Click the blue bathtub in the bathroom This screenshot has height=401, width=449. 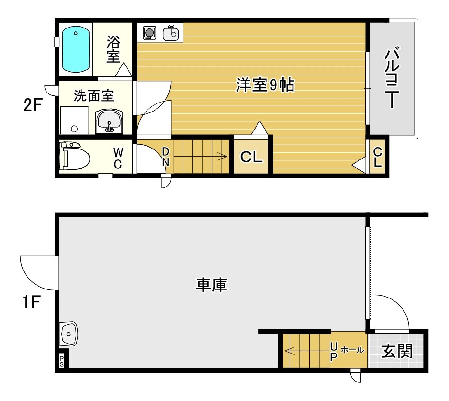click(76, 49)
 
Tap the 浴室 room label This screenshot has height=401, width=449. click(113, 49)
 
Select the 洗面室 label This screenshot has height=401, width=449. click(94, 96)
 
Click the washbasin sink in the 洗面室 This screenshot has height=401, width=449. click(110, 122)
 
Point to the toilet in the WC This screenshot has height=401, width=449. click(74, 156)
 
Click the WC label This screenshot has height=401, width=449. click(118, 159)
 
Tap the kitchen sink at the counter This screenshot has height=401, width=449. click(171, 33)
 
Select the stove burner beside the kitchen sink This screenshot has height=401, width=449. click(149, 33)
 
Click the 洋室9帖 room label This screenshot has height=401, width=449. click(265, 85)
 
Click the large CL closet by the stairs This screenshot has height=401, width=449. click(251, 157)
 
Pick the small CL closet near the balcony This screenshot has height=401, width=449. click(377, 157)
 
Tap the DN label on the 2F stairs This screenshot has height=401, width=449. click(165, 157)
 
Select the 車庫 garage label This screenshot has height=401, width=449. click(211, 285)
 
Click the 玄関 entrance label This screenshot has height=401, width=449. click(397, 351)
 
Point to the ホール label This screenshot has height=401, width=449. click(352, 350)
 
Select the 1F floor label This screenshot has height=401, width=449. click(31, 302)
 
